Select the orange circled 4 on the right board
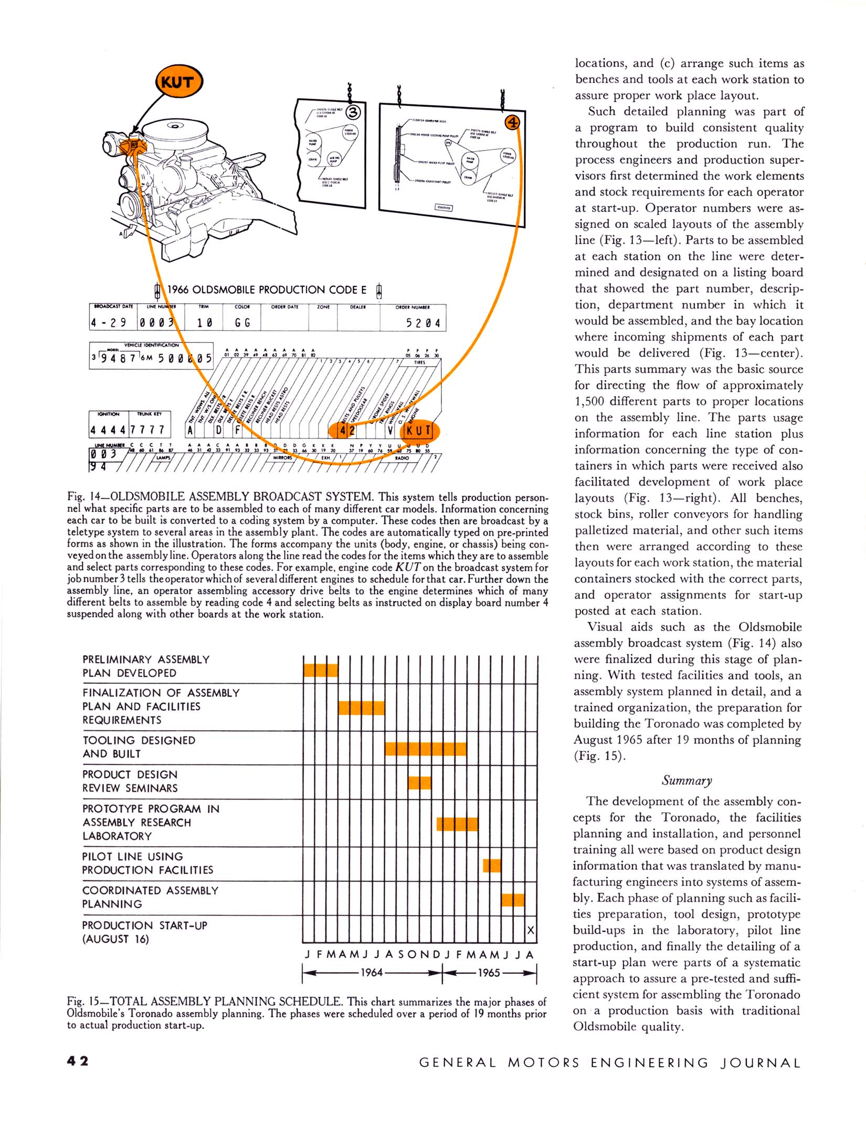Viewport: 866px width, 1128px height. click(x=512, y=123)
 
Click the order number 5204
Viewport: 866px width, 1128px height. click(x=423, y=323)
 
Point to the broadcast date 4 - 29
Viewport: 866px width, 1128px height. click(x=111, y=323)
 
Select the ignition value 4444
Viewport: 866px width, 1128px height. click(x=108, y=430)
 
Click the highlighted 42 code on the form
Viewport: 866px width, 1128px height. click(x=347, y=431)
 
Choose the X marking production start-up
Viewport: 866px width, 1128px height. click(x=531, y=930)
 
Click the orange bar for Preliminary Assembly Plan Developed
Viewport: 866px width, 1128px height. click(x=321, y=670)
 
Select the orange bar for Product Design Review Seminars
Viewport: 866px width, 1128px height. click(x=419, y=782)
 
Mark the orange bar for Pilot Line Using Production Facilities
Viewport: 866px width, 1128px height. click(x=492, y=865)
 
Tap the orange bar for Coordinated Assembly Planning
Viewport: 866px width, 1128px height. click(x=513, y=900)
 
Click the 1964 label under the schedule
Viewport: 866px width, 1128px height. click(x=372, y=972)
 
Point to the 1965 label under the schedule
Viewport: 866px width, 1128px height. click(x=489, y=972)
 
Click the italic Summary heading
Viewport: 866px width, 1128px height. click(x=687, y=780)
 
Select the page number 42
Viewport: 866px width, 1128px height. click(x=78, y=1061)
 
